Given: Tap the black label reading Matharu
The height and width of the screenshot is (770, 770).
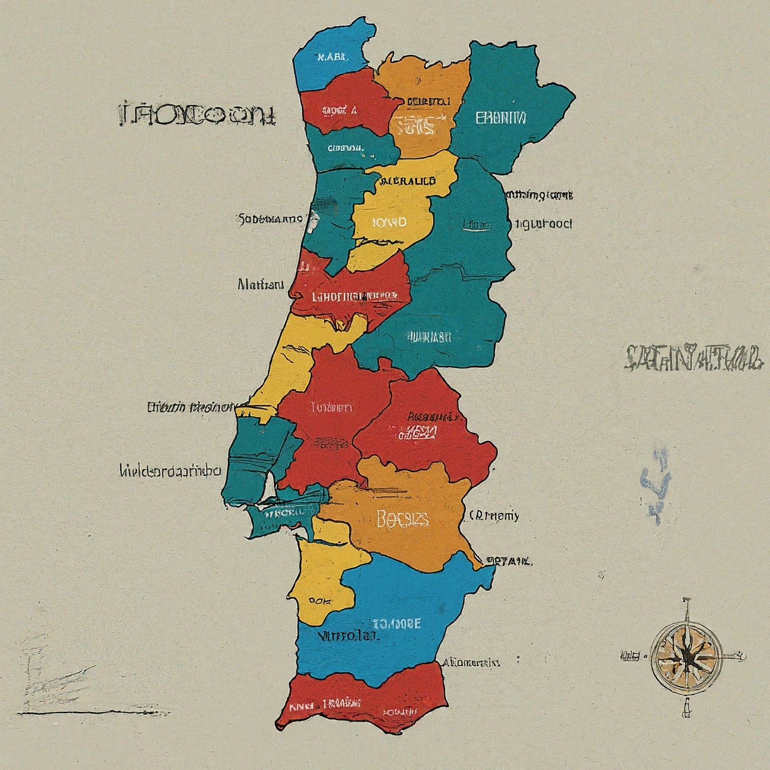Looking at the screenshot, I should pyautogui.click(x=260, y=285).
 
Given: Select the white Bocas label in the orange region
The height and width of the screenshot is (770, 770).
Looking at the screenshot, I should pyautogui.click(x=402, y=519).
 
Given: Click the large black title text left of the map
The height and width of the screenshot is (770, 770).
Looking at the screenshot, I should pyautogui.click(x=198, y=115).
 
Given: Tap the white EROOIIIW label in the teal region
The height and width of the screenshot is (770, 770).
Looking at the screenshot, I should pyautogui.click(x=500, y=118).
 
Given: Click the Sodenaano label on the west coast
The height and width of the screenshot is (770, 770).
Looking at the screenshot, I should pyautogui.click(x=269, y=219).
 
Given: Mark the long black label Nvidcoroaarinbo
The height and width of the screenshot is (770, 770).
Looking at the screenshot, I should pyautogui.click(x=170, y=471).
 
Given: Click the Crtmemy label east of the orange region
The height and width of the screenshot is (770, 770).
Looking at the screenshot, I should pyautogui.click(x=494, y=515).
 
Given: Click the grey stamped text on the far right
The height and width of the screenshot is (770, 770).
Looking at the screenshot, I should pyautogui.click(x=695, y=358).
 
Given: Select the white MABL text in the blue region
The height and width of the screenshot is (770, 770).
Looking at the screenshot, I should pyautogui.click(x=332, y=57).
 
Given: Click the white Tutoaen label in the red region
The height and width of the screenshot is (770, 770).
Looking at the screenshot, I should pyautogui.click(x=331, y=407).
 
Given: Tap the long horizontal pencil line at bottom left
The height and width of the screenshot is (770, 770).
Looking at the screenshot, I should pyautogui.click(x=93, y=712).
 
